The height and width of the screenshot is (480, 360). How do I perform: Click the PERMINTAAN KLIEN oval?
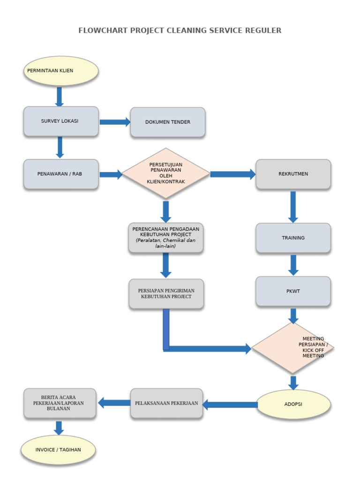click(x=61, y=71)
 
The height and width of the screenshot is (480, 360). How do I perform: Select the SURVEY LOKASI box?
click(x=61, y=121)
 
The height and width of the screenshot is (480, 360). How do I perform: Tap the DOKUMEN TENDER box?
click(x=168, y=122)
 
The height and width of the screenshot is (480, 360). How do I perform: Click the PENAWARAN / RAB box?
click(x=61, y=174)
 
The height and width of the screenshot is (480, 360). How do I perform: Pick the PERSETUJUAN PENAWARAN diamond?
click(x=166, y=173)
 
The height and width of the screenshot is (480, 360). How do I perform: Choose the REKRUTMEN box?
click(x=293, y=174)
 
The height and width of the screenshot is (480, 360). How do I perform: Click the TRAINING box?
click(x=293, y=238)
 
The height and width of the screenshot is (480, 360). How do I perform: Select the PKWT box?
click(x=293, y=292)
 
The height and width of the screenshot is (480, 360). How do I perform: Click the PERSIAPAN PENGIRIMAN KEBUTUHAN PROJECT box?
click(x=166, y=294)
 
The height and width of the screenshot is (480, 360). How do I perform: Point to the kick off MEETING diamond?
click(x=293, y=348)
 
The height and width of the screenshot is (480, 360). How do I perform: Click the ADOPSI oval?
click(x=293, y=404)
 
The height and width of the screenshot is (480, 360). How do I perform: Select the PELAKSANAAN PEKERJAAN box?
click(x=166, y=403)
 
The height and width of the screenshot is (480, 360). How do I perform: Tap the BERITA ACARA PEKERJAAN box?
click(x=60, y=403)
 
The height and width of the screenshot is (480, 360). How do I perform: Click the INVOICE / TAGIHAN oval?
click(x=58, y=450)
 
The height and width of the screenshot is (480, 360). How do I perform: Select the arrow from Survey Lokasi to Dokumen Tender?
click(x=114, y=122)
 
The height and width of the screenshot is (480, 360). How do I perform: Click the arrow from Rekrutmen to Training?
click(x=293, y=206)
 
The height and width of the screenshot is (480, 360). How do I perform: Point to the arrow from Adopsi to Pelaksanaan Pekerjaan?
click(x=230, y=405)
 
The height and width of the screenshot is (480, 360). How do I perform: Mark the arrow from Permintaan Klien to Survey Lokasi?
click(x=60, y=97)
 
